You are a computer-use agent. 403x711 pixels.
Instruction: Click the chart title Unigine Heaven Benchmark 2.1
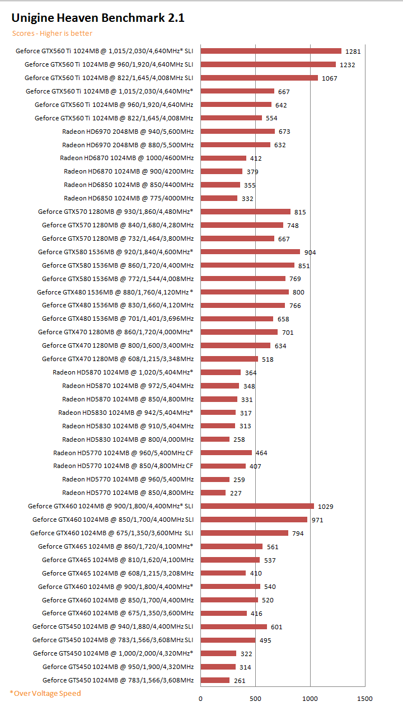(98, 18)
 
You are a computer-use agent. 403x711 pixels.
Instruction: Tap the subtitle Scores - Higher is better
(53, 34)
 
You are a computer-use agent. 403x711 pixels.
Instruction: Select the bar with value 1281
(271, 51)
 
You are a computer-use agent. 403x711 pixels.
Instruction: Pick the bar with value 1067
(259, 78)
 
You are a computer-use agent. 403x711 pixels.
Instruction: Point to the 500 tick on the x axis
(255, 698)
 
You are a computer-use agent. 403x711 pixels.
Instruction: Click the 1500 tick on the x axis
(364, 698)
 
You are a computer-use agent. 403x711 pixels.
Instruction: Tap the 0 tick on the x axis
(201, 698)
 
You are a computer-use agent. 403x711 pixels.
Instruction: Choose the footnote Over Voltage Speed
(45, 693)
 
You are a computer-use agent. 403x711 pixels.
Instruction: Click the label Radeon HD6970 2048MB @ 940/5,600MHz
(128, 132)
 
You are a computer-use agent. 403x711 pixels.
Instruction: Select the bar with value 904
(250, 252)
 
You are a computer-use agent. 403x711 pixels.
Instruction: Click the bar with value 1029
(257, 506)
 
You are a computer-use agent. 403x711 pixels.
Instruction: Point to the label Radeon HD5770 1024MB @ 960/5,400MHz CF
(123, 453)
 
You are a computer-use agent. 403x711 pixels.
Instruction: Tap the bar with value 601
(234, 626)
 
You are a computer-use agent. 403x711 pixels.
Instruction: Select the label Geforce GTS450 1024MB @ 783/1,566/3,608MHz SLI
(113, 640)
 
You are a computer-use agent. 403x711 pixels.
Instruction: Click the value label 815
(300, 212)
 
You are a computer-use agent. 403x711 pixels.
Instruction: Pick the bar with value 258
(215, 439)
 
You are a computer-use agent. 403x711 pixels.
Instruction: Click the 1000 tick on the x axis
(310, 698)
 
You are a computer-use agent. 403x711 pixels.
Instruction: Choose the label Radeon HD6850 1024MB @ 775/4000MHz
(129, 198)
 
